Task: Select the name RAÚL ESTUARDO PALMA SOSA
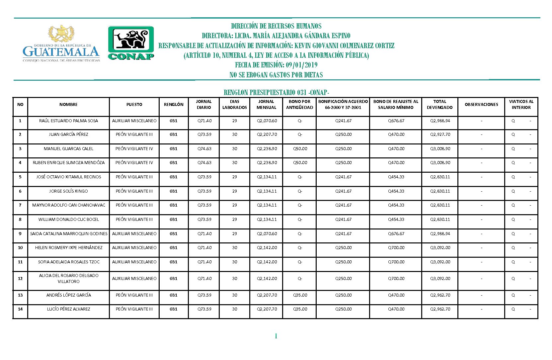point(68,121)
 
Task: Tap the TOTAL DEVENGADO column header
point(439,105)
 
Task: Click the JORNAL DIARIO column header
point(203,105)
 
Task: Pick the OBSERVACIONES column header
point(481,105)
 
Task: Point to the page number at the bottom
point(276,336)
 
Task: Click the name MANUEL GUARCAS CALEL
point(68,149)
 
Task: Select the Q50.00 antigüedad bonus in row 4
point(300,163)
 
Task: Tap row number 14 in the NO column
point(20,309)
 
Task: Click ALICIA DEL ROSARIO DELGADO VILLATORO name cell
point(68,279)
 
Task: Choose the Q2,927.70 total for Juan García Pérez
point(440,135)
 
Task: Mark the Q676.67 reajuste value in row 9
point(396,234)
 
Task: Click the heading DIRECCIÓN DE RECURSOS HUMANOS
point(276,26)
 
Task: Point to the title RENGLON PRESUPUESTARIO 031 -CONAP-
point(276,92)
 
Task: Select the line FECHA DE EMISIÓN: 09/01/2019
point(276,65)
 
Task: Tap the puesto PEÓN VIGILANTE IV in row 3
point(134,149)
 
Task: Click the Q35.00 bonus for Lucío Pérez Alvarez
point(300,309)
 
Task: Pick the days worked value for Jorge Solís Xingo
point(235,191)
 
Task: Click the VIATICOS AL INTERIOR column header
point(521,105)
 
